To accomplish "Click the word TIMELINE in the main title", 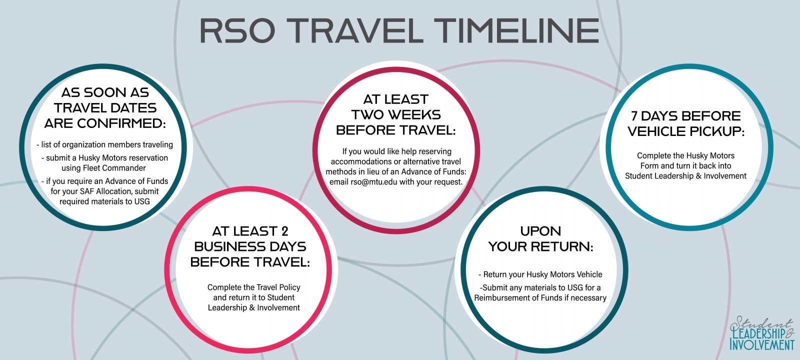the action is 517,30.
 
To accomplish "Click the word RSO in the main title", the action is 237,30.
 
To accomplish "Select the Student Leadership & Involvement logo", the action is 761,333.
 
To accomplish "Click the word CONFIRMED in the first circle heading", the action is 122,123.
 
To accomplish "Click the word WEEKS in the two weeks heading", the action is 414,114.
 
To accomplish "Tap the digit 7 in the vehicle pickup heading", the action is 634,116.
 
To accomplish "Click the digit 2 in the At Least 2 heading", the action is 284,231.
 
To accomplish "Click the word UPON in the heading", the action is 540,231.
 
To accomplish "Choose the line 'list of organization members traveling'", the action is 104,144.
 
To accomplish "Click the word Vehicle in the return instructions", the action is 589,274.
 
